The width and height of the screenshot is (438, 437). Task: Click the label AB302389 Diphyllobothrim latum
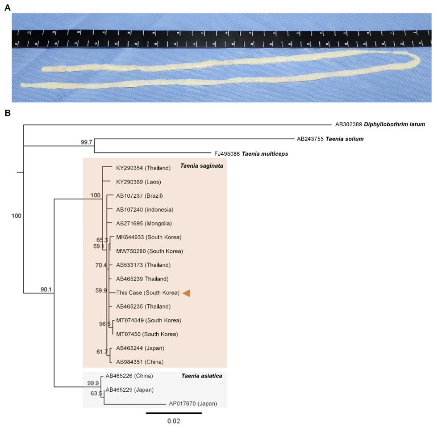[380, 124]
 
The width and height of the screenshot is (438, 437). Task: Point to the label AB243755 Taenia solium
[330, 139]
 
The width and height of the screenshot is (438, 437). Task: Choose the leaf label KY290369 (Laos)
[138, 182]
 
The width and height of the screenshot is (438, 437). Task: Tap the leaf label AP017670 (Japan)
[192, 403]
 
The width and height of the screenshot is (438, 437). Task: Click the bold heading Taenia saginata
[201, 166]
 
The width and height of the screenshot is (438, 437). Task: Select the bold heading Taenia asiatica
[202, 376]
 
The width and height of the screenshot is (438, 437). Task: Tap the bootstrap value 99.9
[93, 383]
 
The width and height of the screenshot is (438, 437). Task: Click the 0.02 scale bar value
[174, 421]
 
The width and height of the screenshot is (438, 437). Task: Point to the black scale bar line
[174, 412]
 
